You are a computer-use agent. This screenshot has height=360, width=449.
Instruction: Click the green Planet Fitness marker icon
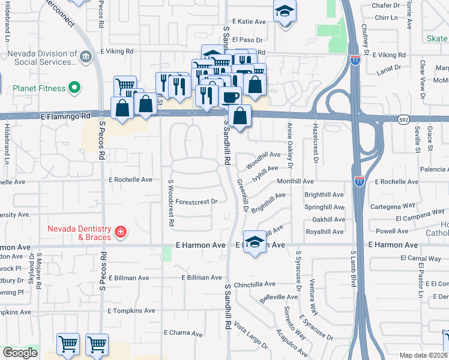click(x=74, y=88)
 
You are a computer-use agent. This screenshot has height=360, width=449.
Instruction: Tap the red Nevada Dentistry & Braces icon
click(x=121, y=232)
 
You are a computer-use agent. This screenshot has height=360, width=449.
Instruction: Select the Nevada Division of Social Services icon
click(x=85, y=58)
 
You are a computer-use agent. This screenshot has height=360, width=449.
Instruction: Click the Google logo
click(x=20, y=353)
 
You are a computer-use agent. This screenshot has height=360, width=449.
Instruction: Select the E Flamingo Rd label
click(x=66, y=115)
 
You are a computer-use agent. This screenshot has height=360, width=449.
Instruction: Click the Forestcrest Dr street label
click(x=196, y=202)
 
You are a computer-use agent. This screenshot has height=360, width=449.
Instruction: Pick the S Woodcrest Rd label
click(x=171, y=202)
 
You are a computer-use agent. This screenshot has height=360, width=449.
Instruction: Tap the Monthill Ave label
click(x=295, y=181)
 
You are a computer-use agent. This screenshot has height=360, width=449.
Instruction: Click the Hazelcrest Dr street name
click(x=315, y=143)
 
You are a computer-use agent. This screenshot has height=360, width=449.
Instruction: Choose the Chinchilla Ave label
click(x=255, y=284)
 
